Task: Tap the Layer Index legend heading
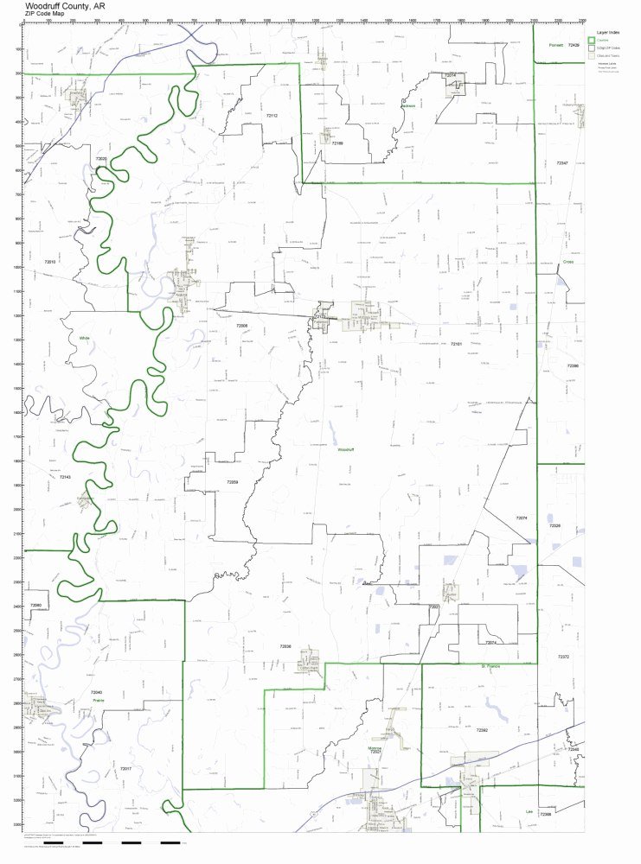pyautogui.click(x=602, y=31)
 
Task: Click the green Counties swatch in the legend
pyautogui.click(x=592, y=40)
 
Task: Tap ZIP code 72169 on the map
pyautogui.click(x=337, y=143)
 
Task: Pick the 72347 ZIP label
pyautogui.click(x=562, y=162)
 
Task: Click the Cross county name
pyautogui.click(x=567, y=261)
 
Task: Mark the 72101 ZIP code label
pyautogui.click(x=457, y=344)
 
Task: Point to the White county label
pyautogui.click(x=84, y=338)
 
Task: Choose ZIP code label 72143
pyautogui.click(x=65, y=477)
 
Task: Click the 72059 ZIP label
pyautogui.click(x=233, y=482)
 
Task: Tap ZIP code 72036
pyautogui.click(x=285, y=645)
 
